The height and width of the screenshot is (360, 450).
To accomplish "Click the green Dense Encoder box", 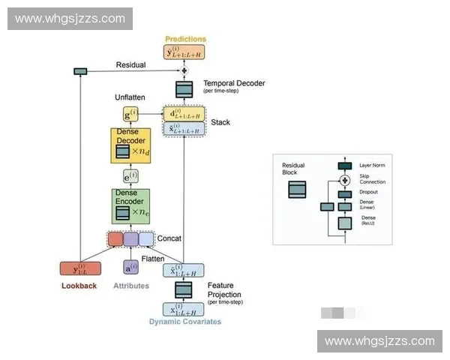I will click(131, 205).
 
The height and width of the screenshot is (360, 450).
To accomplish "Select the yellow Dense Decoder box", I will click(131, 145).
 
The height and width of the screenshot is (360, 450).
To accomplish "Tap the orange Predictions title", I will click(184, 39).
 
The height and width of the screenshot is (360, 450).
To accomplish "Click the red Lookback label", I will click(79, 286).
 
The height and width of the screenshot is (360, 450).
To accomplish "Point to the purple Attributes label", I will click(130, 286).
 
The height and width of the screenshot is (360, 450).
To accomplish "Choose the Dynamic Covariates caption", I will click(184, 322).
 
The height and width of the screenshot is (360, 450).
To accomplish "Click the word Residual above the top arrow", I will click(130, 65).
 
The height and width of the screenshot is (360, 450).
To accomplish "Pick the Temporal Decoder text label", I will click(234, 83).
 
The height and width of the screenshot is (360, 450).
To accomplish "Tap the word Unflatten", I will click(130, 97).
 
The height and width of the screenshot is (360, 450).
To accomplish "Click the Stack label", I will click(220, 121).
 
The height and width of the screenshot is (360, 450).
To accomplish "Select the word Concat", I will click(169, 238).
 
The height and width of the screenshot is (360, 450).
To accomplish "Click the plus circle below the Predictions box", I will click(184, 70).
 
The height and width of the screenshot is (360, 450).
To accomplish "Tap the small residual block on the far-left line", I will click(80, 71).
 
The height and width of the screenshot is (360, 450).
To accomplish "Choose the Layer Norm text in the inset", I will click(372, 165).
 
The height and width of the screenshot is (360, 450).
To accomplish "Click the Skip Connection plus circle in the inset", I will click(345, 180).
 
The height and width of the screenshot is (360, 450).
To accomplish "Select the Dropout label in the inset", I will click(368, 192).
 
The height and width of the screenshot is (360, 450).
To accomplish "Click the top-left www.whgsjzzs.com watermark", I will click(70, 18).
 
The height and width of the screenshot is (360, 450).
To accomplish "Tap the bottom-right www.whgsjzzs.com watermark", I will click(379, 341).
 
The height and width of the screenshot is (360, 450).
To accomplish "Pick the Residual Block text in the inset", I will click(293, 168).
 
